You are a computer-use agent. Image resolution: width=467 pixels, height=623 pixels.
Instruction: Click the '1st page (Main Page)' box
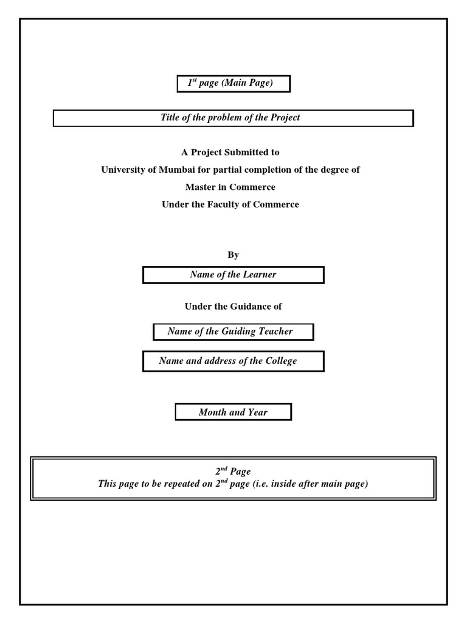[233, 83]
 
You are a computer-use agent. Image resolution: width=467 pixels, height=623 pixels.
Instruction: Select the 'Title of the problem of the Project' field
[233, 117]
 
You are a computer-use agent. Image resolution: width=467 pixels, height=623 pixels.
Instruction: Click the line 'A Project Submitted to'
[230, 152]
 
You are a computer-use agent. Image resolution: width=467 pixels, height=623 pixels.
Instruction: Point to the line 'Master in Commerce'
[230, 187]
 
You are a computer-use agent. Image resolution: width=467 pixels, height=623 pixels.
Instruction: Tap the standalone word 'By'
[233, 255]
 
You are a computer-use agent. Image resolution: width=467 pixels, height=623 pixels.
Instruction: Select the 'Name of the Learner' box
[233, 274]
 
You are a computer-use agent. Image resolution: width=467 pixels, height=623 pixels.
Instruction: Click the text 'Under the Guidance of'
[233, 307]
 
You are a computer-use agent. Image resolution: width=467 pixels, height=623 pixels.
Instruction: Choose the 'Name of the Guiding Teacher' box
[233, 332]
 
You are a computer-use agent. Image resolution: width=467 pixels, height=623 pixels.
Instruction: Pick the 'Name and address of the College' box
[233, 361]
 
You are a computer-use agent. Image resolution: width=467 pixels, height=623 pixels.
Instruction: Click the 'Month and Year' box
[233, 412]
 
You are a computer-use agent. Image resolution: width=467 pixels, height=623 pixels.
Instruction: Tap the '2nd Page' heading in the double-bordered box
[233, 471]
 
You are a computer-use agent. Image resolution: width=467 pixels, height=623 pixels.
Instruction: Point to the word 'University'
[123, 170]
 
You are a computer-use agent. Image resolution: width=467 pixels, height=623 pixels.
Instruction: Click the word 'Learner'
[260, 274]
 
